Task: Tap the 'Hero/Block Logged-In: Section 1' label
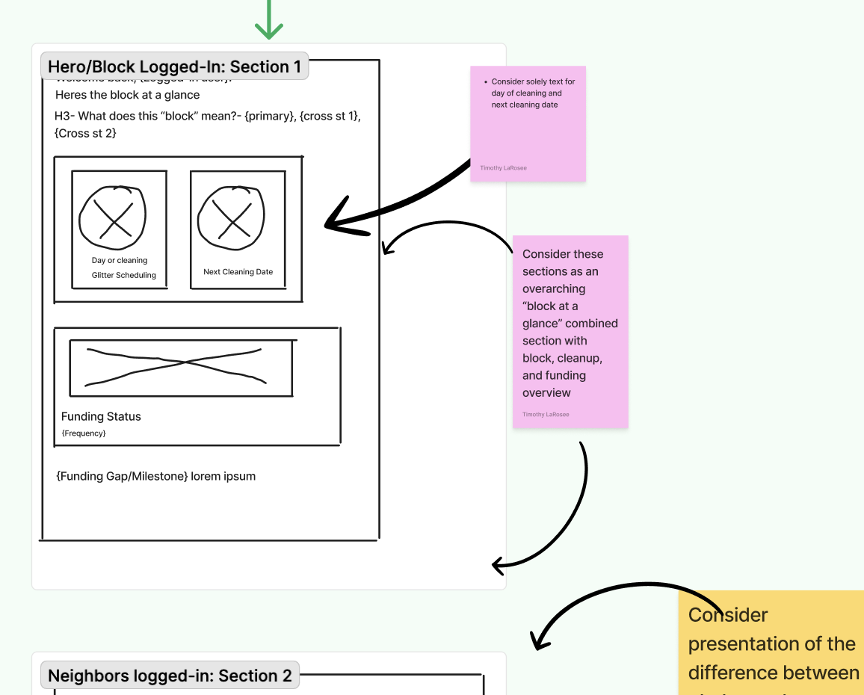tap(174, 67)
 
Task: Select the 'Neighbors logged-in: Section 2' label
tap(170, 676)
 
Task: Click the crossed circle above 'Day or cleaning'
tap(113, 216)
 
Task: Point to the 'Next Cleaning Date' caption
tap(238, 272)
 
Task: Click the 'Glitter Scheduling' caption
tap(124, 275)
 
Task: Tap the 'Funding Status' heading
tap(101, 416)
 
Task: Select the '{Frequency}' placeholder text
tap(84, 433)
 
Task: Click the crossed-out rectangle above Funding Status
tap(180, 367)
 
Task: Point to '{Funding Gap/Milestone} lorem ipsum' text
tap(155, 476)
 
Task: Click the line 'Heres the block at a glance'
tap(127, 95)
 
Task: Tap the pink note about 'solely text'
tap(528, 123)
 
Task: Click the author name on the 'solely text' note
tap(503, 168)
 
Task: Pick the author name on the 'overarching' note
tap(546, 414)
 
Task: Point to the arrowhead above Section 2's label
tap(537, 641)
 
